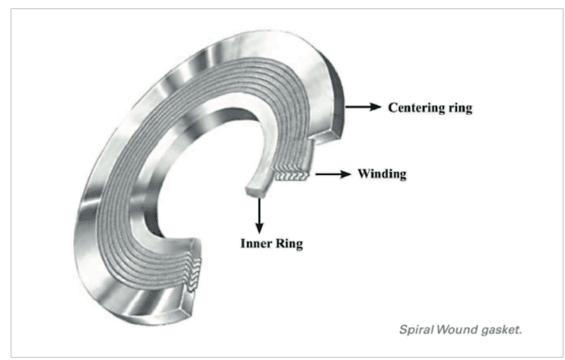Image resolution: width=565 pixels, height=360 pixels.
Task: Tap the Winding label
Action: (382, 174)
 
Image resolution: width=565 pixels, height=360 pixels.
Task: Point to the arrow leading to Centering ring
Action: (363, 107)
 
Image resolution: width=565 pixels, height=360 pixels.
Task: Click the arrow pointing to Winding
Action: (332, 174)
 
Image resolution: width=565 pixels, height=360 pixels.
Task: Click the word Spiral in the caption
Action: (417, 330)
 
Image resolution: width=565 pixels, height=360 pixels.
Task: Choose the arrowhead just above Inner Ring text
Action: (259, 228)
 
